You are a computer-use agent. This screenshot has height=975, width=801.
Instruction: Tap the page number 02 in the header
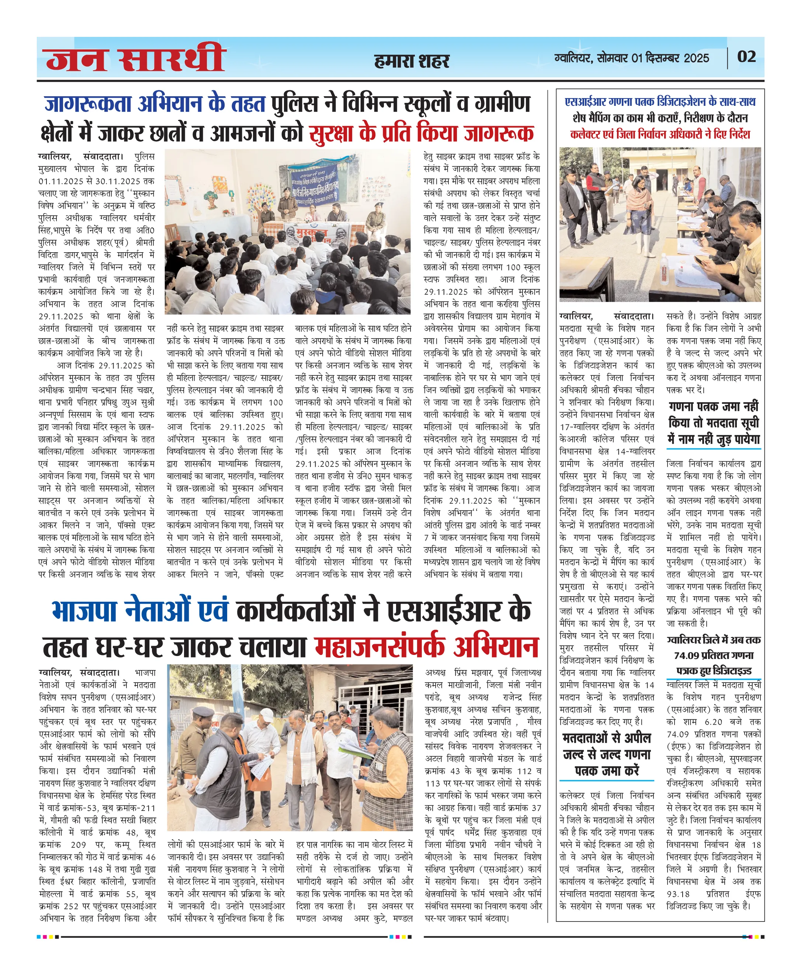click(746, 57)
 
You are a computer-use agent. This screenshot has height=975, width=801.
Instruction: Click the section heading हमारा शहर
click(411, 61)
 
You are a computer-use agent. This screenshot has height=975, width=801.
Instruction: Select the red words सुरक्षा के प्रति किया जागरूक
click(421, 133)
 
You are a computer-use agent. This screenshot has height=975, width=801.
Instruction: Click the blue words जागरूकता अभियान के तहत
click(155, 104)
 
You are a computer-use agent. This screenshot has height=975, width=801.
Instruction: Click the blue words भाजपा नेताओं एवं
click(140, 611)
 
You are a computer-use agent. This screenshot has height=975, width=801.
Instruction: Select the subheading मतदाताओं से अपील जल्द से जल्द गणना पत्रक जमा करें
click(606, 754)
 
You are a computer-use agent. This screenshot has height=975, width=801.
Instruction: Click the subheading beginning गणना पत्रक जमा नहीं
click(713, 423)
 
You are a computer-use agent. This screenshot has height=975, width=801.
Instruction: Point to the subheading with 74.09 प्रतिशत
click(713, 655)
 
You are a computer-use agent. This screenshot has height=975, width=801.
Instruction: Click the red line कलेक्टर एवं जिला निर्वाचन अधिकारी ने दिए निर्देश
click(660, 135)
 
